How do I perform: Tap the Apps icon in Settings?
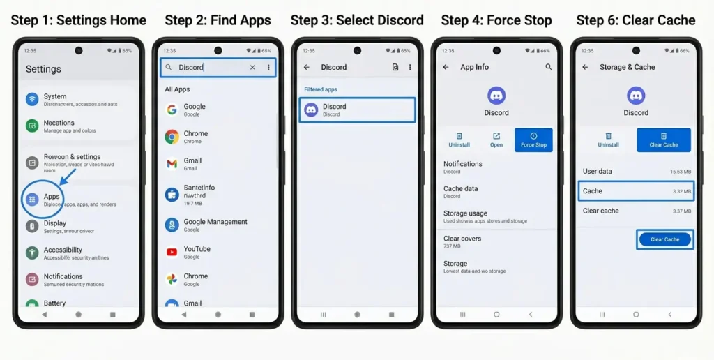coord(32,200)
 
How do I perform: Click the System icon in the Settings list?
coord(32,99)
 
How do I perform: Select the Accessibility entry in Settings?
coord(63,250)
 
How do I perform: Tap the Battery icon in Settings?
coord(32,304)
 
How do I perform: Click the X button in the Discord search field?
coord(252,68)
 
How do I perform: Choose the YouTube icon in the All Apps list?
coord(172,253)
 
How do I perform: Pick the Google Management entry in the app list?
coord(215,222)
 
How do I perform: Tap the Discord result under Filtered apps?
coord(357,110)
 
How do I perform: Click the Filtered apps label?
coord(321,90)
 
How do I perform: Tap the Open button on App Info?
coord(496,140)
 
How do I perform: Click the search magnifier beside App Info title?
coord(549,67)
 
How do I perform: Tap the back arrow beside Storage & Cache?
coord(586,67)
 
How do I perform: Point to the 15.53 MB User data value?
coord(681,172)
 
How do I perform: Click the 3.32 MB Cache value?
coord(682,191)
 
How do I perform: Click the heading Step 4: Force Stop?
coord(496,20)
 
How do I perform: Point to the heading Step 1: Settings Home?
coord(78,20)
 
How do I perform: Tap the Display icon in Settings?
coord(32,226)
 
